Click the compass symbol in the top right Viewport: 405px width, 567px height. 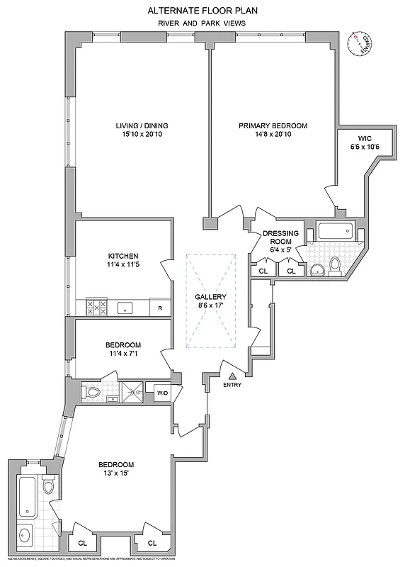point(361,46)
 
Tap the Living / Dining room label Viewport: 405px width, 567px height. point(142,126)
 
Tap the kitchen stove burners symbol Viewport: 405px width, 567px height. point(96,307)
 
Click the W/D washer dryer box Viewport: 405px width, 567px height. point(162,392)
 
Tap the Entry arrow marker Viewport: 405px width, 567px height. point(232,376)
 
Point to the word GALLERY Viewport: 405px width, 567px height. point(211,297)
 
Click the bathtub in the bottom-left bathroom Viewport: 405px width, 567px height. point(25,493)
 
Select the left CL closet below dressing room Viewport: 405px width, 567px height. point(263,270)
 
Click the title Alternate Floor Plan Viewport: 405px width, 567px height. point(202,11)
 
